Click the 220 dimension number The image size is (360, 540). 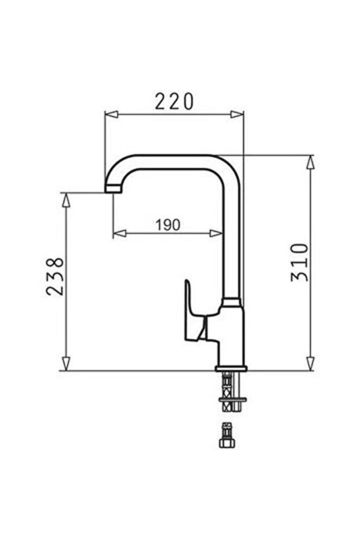(x=174, y=102)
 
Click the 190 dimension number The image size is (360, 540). (x=168, y=225)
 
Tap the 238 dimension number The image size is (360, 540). (x=56, y=276)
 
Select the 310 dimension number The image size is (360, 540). (x=300, y=262)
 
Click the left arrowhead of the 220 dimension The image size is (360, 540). (x=111, y=114)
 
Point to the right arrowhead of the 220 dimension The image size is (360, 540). (x=237, y=114)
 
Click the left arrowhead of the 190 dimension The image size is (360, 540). (x=119, y=234)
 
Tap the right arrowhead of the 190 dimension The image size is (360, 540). (x=216, y=234)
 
